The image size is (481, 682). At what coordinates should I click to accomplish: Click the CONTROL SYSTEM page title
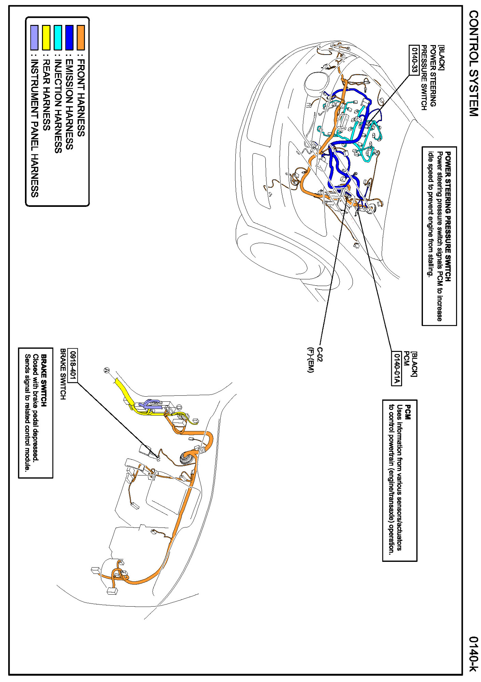pyautogui.click(x=473, y=63)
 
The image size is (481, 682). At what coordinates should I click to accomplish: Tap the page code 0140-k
pyautogui.click(x=473, y=654)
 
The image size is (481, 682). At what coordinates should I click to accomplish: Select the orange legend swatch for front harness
pyautogui.click(x=81, y=38)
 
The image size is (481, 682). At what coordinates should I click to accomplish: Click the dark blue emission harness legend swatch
pyautogui.click(x=69, y=38)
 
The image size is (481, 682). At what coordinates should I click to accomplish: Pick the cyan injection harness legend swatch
pyautogui.click(x=58, y=38)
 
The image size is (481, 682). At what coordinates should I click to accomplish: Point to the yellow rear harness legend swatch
pyautogui.click(x=46, y=38)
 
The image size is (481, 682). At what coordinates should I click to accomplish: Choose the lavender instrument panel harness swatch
pyautogui.click(x=34, y=38)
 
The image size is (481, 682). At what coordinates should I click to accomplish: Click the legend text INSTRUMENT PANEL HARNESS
pyautogui.click(x=35, y=128)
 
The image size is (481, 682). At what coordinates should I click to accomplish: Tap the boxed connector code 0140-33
pyautogui.click(x=414, y=60)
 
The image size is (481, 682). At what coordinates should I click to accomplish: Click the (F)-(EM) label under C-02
pyautogui.click(x=310, y=360)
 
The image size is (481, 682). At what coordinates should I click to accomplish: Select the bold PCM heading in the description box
pyautogui.click(x=408, y=412)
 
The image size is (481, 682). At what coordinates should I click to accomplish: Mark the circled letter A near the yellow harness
pyautogui.click(x=107, y=370)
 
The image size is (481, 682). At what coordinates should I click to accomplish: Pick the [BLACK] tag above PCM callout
pyautogui.click(x=414, y=364)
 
